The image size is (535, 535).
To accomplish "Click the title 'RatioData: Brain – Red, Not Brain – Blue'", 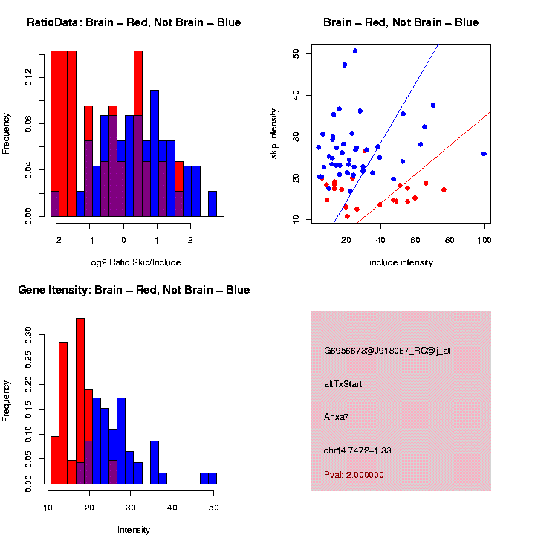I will pyautogui.click(x=134, y=22).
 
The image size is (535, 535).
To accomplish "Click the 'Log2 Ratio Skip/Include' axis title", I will pyautogui.click(x=134, y=262).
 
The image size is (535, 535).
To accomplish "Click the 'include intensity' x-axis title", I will pyautogui.click(x=401, y=262).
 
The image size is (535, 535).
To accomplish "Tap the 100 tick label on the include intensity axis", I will pyautogui.click(x=484, y=239).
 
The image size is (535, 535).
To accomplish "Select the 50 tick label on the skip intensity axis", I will pyautogui.click(x=296, y=53).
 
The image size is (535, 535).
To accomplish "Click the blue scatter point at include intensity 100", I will pyautogui.click(x=484, y=154).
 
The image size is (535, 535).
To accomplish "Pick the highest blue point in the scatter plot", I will pyautogui.click(x=355, y=51).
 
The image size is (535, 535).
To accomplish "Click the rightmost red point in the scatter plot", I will pyautogui.click(x=444, y=189).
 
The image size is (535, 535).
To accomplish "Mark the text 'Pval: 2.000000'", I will pyautogui.click(x=354, y=475).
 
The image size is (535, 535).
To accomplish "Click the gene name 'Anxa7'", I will pyautogui.click(x=337, y=417).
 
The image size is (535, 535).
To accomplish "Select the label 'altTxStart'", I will pyautogui.click(x=343, y=384).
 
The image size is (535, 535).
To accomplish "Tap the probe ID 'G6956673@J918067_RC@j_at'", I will pyautogui.click(x=387, y=351).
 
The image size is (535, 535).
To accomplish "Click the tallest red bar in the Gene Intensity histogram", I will pyautogui.click(x=80, y=401).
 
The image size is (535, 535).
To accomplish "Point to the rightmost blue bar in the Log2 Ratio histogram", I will pyautogui.click(x=213, y=204).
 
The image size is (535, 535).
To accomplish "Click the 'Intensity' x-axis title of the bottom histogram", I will pyautogui.click(x=134, y=530).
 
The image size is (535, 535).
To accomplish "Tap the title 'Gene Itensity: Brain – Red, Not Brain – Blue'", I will pyautogui.click(x=134, y=290).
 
